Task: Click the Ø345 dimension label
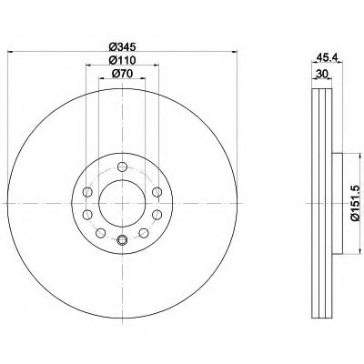coord(122,46)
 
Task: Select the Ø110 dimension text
coord(122,60)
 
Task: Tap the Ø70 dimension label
coord(122,74)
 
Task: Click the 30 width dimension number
coord(322,74)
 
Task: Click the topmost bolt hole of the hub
coord(122,167)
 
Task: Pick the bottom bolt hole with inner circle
coord(122,239)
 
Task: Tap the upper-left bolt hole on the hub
coord(87,192)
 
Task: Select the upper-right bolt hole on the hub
coord(157,192)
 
